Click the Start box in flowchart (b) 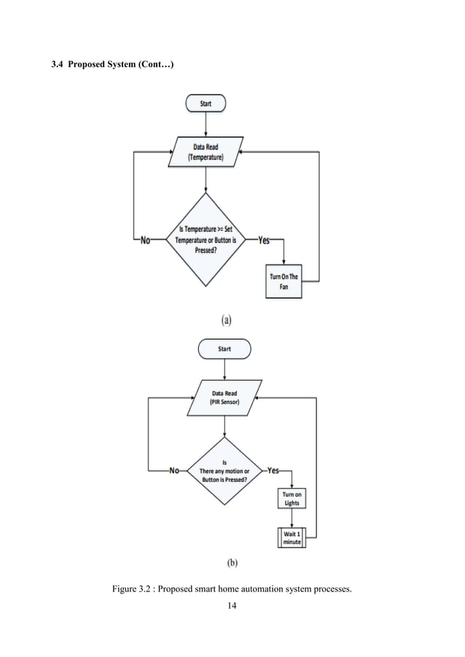click(x=224, y=349)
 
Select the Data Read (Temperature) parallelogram click(x=205, y=152)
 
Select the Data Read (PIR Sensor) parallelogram click(x=224, y=397)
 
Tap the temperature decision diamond click(x=206, y=239)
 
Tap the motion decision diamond click(x=224, y=471)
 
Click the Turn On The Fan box click(x=284, y=281)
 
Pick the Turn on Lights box click(x=292, y=499)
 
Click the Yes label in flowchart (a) click(x=266, y=240)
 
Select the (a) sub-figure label click(x=227, y=319)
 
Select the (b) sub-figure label click(x=232, y=562)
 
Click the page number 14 click(x=232, y=604)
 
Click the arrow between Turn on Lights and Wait click(x=292, y=518)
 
